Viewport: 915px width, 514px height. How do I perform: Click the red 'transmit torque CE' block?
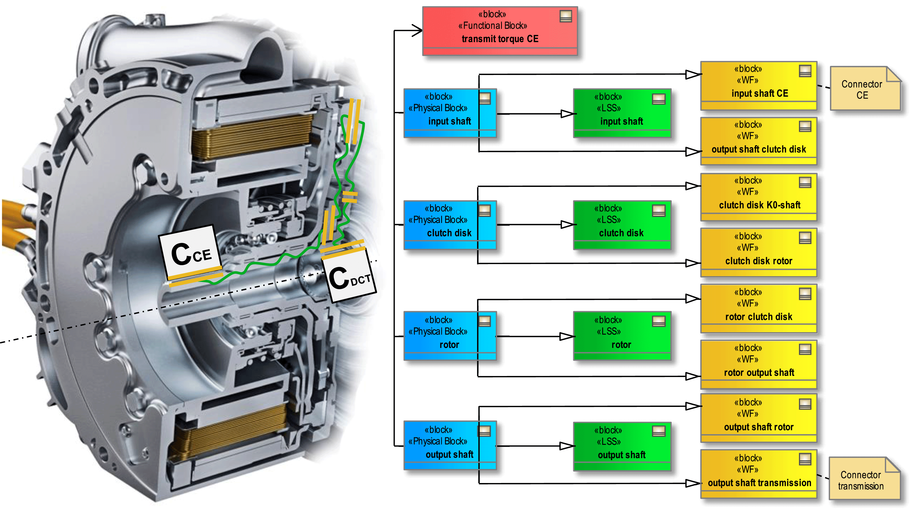click(x=499, y=31)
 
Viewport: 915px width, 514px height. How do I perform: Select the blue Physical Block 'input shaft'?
click(x=450, y=113)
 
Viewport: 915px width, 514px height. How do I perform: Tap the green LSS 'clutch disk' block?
click(x=622, y=225)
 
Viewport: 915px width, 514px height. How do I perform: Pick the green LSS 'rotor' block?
click(x=622, y=336)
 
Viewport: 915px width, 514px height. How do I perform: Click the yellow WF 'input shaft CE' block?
click(x=759, y=85)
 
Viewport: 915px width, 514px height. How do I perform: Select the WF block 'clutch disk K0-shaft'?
click(x=759, y=197)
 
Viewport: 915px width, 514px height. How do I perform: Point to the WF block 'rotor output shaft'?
click(x=759, y=364)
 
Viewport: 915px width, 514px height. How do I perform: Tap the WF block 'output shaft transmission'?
click(x=759, y=474)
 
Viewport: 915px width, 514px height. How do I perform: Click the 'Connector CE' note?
click(x=864, y=89)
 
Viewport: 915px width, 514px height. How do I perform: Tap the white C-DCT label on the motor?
click(x=350, y=277)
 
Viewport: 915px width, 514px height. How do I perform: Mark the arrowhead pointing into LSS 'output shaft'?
click(x=567, y=446)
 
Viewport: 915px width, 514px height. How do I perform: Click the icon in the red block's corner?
click(x=565, y=16)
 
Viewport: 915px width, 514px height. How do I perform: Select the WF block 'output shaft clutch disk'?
click(x=759, y=141)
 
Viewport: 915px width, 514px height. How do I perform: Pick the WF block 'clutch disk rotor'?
click(x=759, y=253)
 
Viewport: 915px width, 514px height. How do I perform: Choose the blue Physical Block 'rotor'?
click(x=450, y=336)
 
